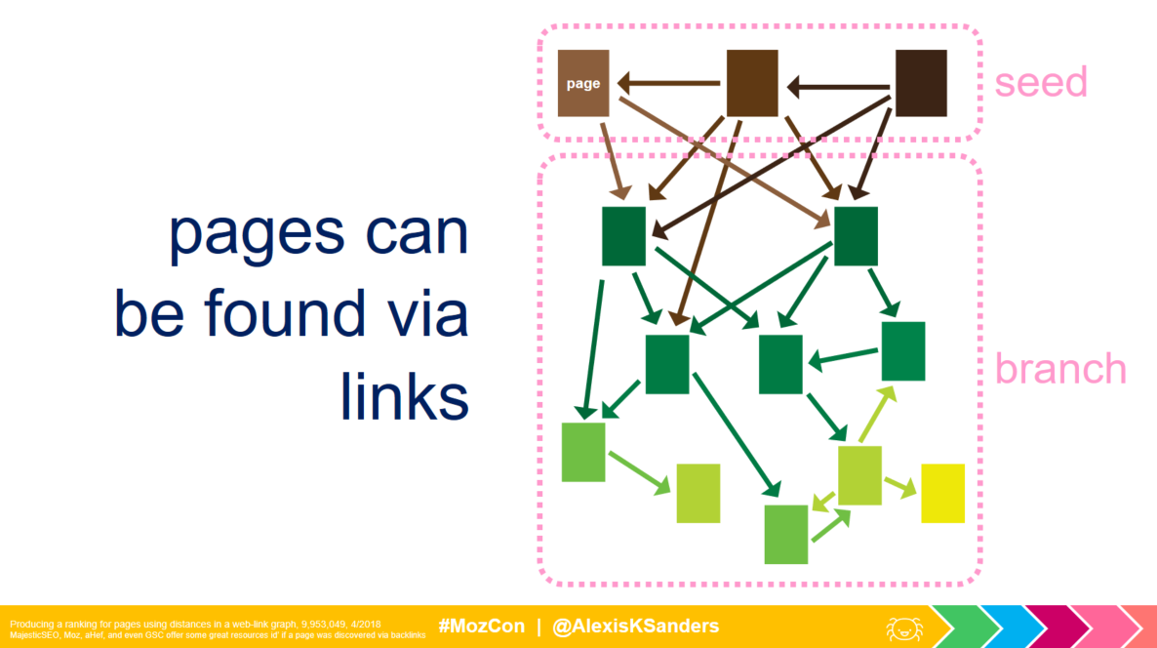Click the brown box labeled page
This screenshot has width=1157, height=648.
tap(583, 83)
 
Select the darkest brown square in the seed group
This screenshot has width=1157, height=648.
tap(921, 83)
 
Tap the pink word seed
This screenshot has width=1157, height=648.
tap(1040, 83)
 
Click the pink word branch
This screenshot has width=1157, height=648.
tap(1059, 369)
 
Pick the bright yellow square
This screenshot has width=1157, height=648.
tap(942, 493)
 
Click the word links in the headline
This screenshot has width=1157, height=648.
tap(405, 397)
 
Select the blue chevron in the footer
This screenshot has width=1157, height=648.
tap(1005, 627)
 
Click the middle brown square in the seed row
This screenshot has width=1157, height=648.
tap(751, 83)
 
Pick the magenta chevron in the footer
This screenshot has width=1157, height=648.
tap(1052, 627)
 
